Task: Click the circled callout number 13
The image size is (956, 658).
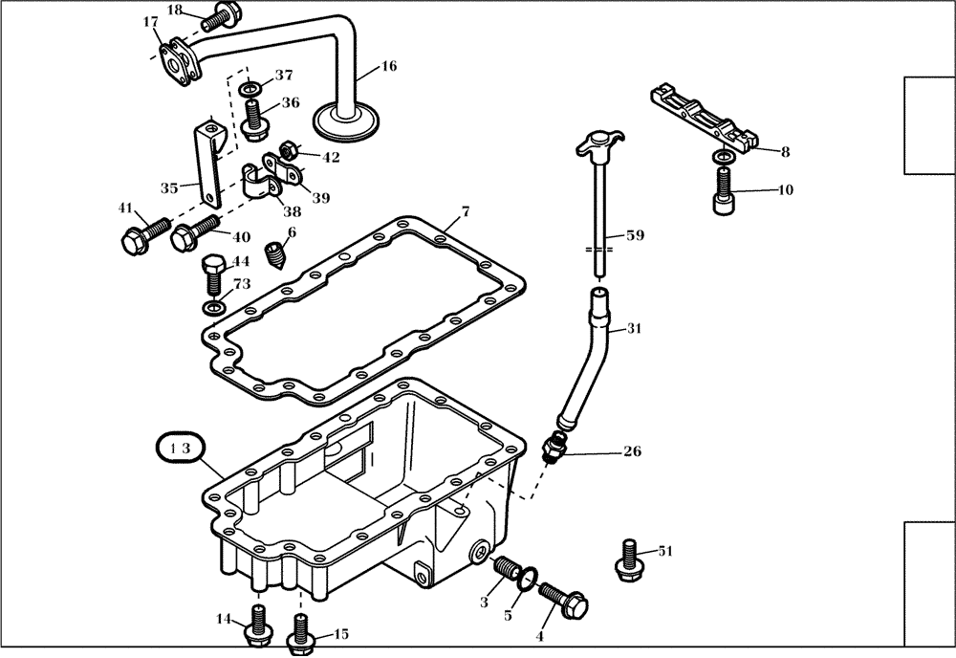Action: click(x=180, y=448)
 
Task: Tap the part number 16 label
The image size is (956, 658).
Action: click(x=388, y=67)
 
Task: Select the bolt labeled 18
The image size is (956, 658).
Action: click(x=224, y=16)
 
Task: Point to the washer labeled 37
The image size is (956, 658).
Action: click(x=250, y=91)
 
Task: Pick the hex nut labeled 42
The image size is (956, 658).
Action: click(x=285, y=150)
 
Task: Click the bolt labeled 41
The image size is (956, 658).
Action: click(x=134, y=239)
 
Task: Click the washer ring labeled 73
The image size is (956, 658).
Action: click(x=212, y=309)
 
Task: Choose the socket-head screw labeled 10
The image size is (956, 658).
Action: click(x=725, y=190)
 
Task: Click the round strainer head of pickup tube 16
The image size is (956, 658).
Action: click(x=349, y=121)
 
